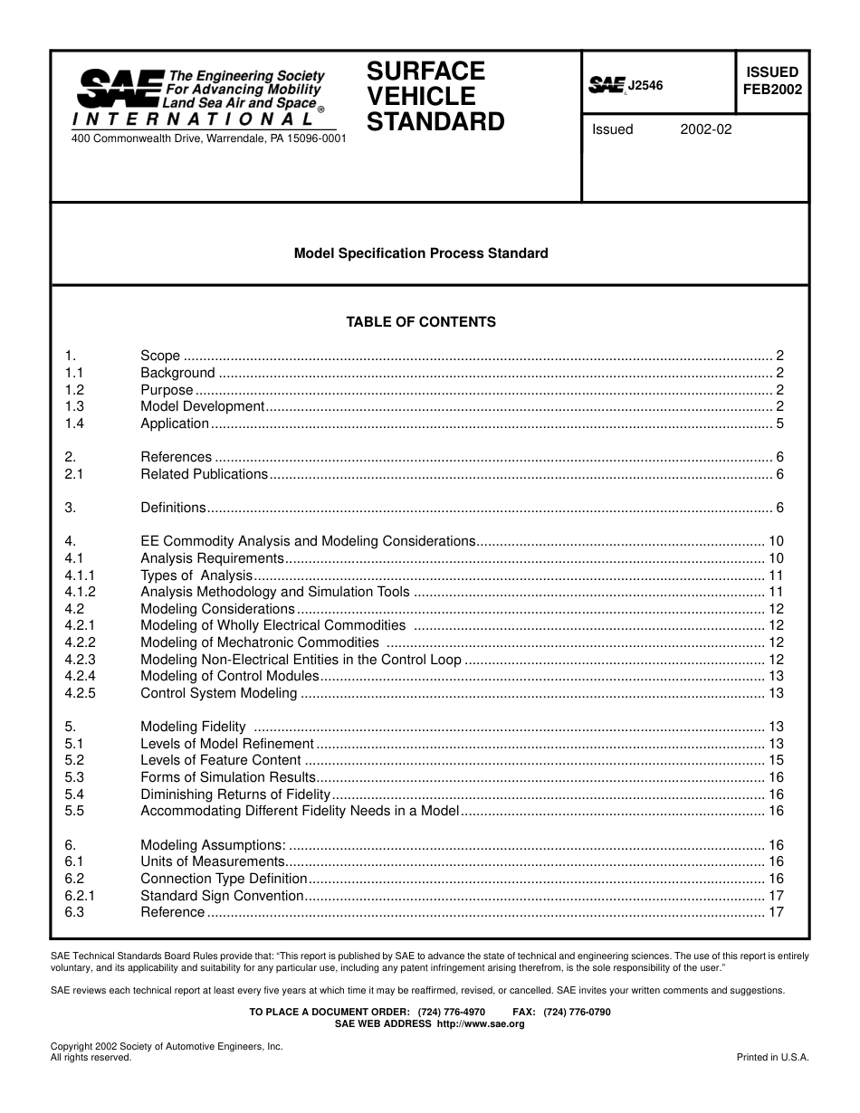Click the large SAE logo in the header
[x=119, y=89]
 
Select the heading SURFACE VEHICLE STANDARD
[x=435, y=96]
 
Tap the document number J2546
[x=645, y=86]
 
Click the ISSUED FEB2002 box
[x=771, y=81]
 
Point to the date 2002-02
[x=705, y=129]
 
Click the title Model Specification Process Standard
[x=421, y=253]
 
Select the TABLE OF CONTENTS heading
[x=421, y=322]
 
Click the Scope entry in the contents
[x=160, y=356]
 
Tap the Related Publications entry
[x=205, y=474]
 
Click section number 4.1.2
[x=81, y=592]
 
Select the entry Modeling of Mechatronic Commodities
[x=260, y=642]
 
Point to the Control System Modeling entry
[x=219, y=693]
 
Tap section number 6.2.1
[x=81, y=896]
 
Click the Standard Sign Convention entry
[x=222, y=896]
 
